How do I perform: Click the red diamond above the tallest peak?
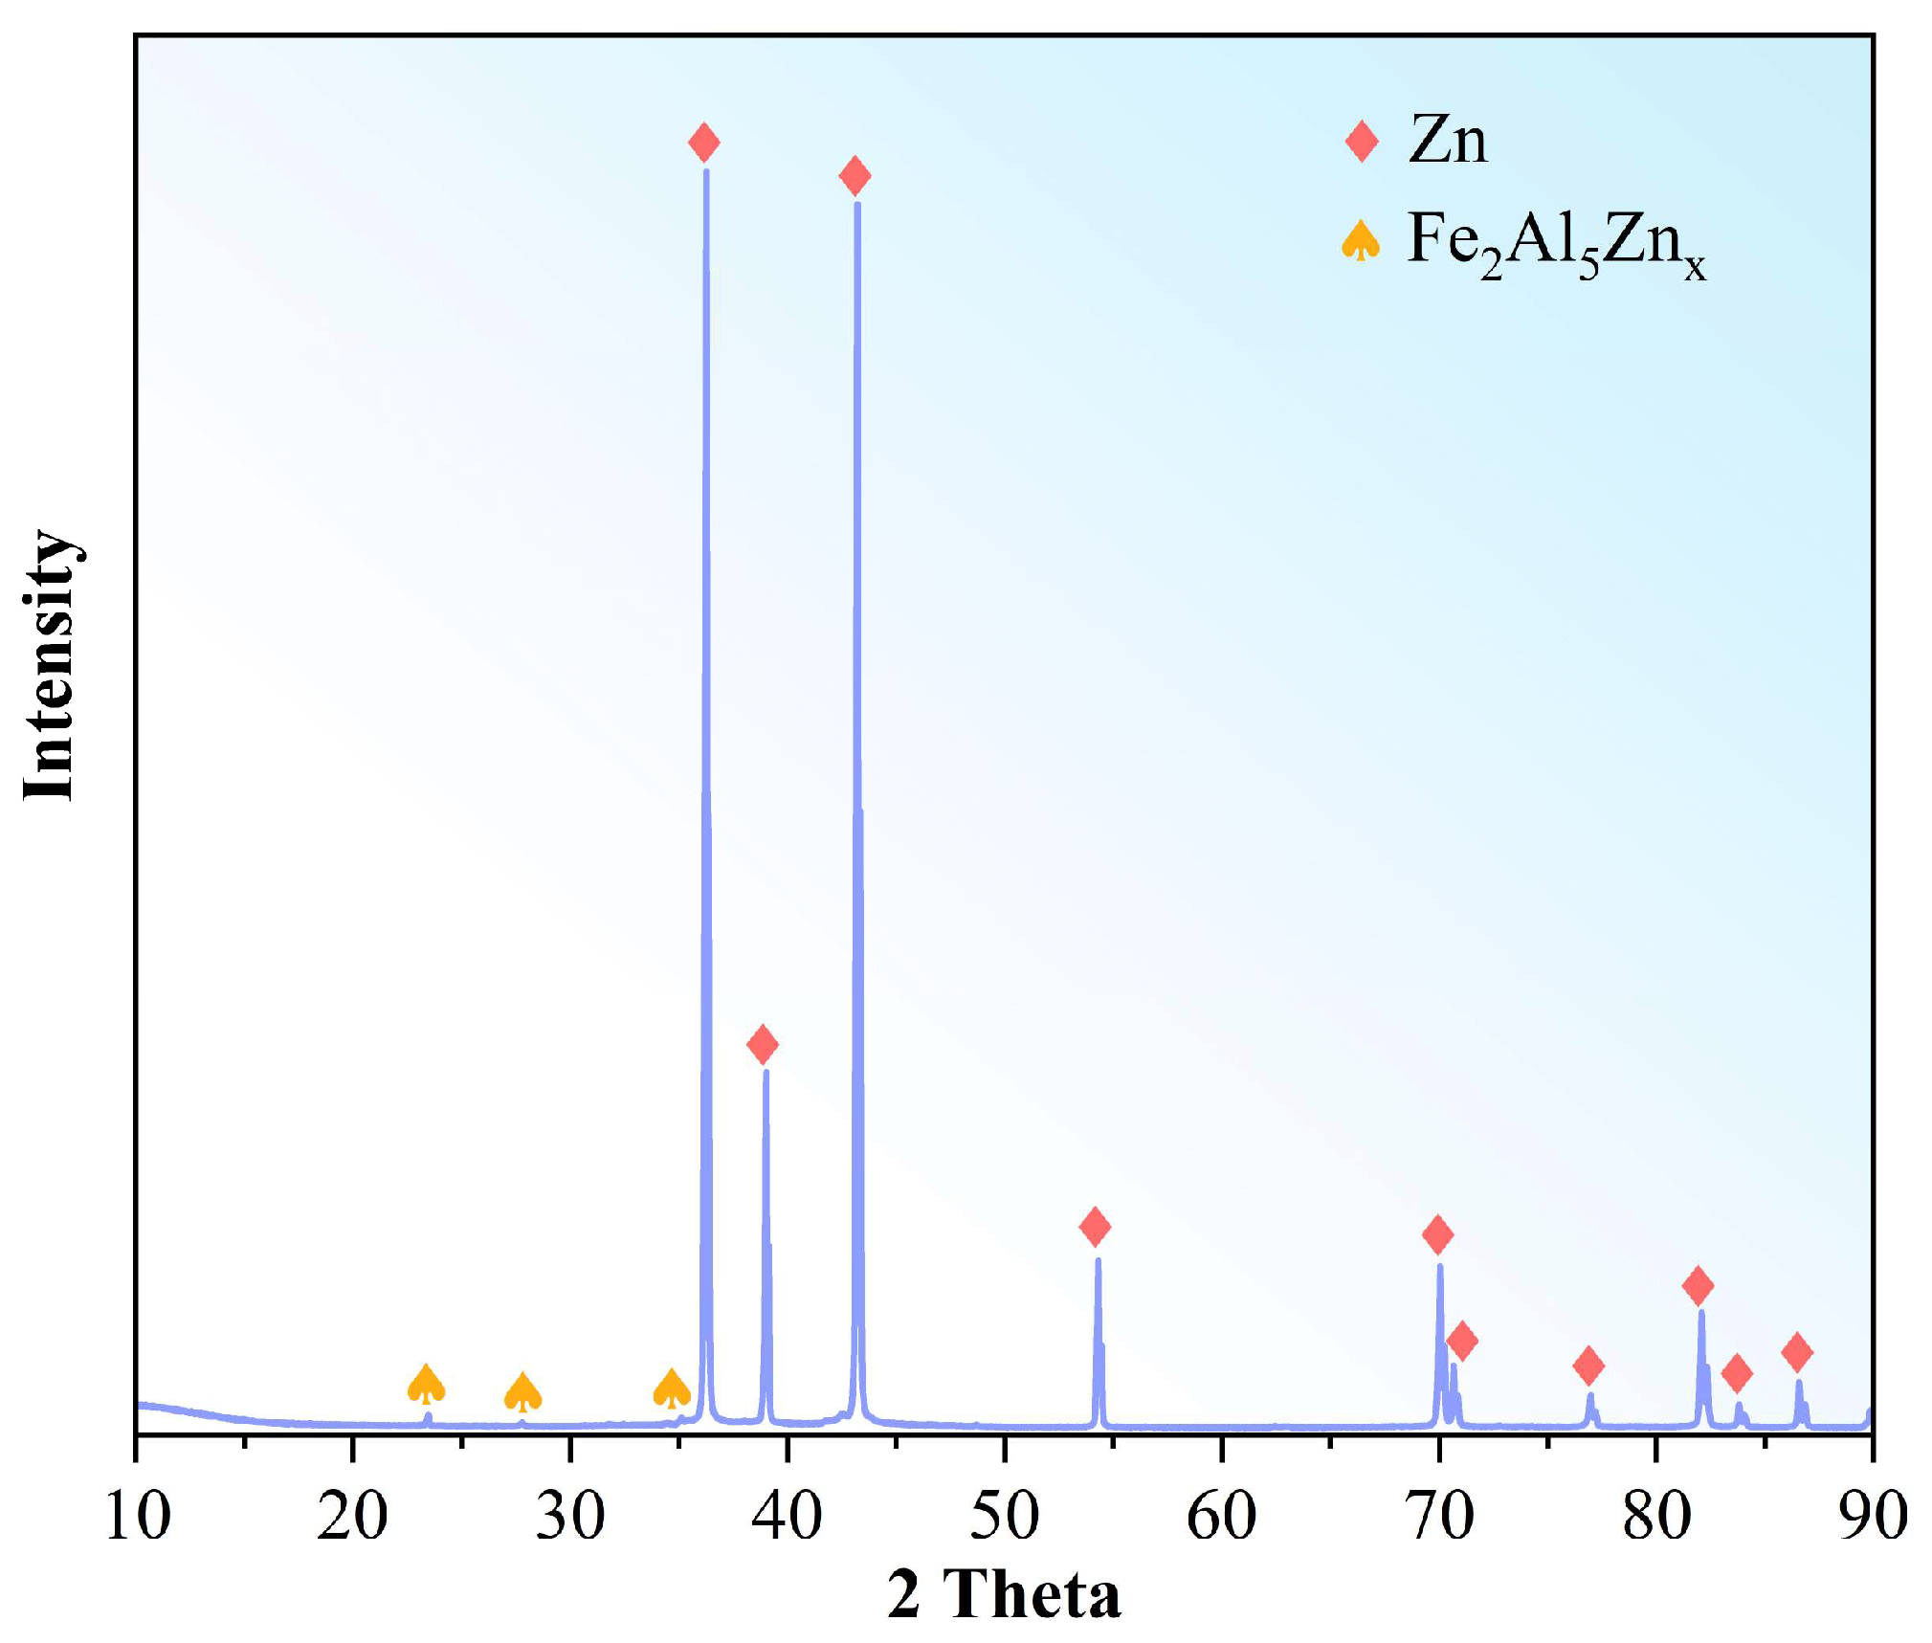tap(703, 143)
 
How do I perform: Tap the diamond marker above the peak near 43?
tap(855, 175)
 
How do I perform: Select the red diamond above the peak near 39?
tap(762, 1044)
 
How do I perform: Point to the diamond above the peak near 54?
tap(1095, 1226)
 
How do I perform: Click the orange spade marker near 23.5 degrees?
tap(426, 1385)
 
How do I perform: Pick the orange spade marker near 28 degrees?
tap(522, 1392)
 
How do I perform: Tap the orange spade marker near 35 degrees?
tap(672, 1388)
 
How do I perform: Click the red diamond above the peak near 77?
tap(1588, 1365)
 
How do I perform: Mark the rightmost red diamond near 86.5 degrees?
tap(1797, 1352)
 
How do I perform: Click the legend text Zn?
tap(1448, 141)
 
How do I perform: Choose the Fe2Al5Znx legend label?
tap(1556, 243)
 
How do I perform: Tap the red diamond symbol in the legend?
tap(1362, 141)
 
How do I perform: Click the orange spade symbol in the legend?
tap(1361, 240)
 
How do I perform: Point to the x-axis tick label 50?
tap(1004, 1517)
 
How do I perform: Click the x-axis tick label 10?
tap(137, 1517)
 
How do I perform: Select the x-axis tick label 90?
tap(1871, 1517)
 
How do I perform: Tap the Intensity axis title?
tap(50, 665)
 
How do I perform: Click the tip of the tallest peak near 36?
tap(706, 171)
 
